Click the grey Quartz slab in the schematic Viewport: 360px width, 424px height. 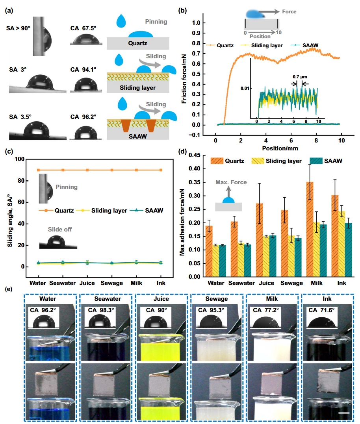[138, 42]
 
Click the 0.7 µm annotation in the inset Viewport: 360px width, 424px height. [300, 78]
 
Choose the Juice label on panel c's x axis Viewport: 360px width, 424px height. [87, 283]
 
